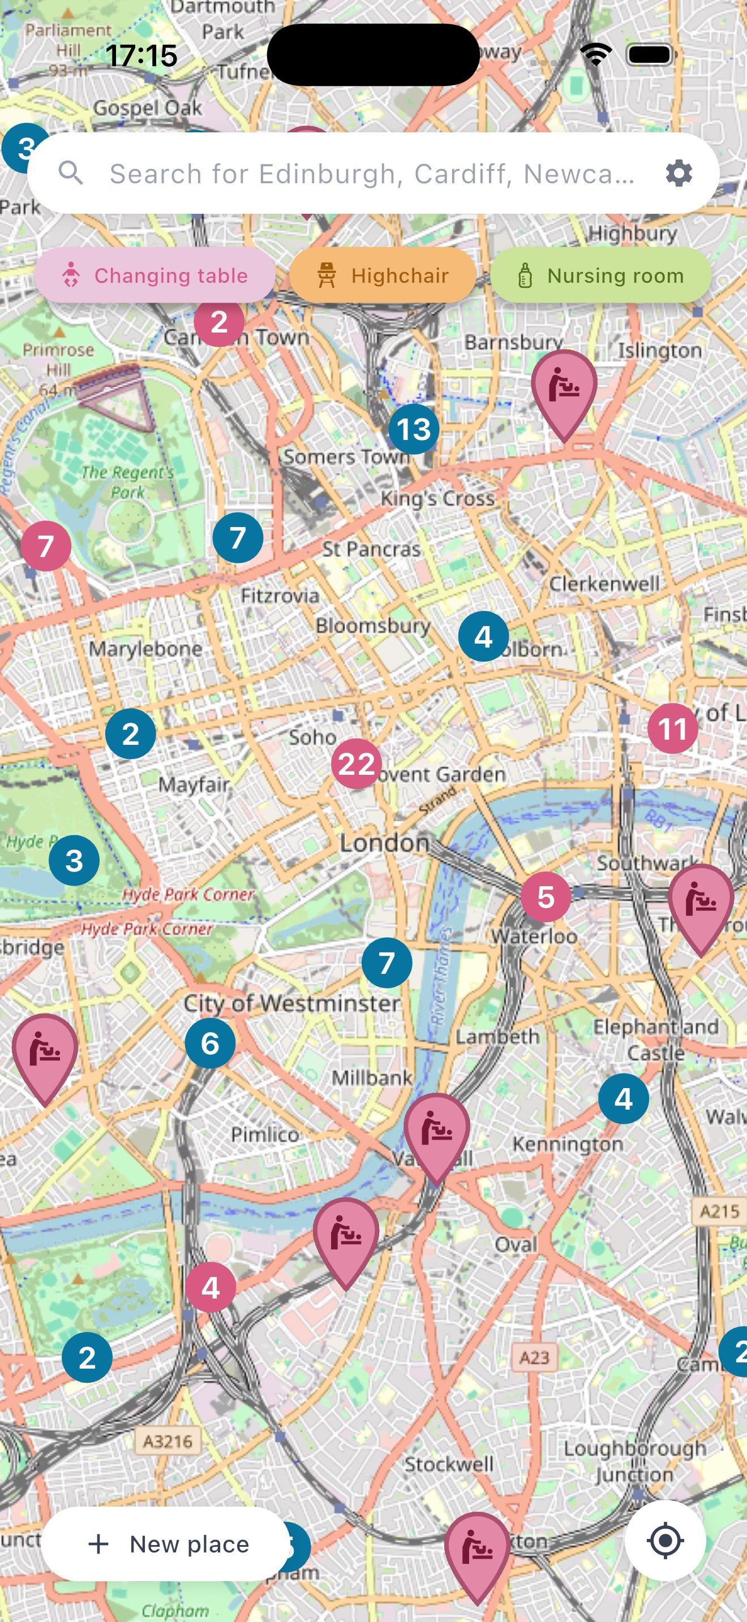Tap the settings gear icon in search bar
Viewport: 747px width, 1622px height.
[679, 173]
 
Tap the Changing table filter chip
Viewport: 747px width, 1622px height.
[154, 276]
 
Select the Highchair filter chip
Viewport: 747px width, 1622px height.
[383, 276]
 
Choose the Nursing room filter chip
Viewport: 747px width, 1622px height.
[600, 276]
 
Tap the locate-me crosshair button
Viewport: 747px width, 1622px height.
[664, 1541]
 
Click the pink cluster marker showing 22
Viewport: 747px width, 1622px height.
[357, 763]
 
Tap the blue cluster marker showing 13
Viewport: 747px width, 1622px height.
[413, 429]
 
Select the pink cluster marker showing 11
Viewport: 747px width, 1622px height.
[672, 728]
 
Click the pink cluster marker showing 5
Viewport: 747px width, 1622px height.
[546, 896]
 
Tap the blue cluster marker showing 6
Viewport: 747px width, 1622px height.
[210, 1043]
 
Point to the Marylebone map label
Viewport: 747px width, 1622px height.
[145, 649]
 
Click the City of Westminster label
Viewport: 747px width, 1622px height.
[291, 1003]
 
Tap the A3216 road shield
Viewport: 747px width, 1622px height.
[167, 1440]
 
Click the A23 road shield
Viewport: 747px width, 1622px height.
[534, 1357]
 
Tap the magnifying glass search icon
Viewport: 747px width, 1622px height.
[71, 172]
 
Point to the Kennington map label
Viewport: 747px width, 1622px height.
[568, 1144]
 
